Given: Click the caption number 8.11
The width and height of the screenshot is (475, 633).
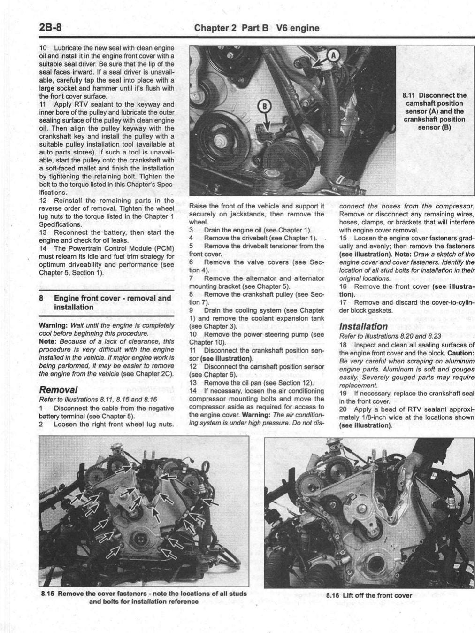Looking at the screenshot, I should (x=410, y=95).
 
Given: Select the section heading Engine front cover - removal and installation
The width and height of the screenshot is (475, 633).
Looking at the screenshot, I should (x=112, y=302).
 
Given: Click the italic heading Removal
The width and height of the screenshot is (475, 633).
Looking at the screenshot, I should (x=59, y=389).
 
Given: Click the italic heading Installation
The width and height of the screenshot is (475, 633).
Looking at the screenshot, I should (x=363, y=326).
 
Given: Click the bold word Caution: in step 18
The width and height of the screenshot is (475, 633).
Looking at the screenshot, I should (x=460, y=353).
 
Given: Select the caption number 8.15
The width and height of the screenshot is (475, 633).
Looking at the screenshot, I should (x=48, y=594).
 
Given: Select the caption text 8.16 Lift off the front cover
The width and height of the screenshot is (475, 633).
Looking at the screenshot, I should (x=369, y=595).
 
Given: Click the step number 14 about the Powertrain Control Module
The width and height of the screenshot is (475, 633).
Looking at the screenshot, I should (x=43, y=248).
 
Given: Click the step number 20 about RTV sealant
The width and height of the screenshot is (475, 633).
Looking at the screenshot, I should (x=343, y=409).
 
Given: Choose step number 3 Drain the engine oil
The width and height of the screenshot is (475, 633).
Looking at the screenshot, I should (x=192, y=230).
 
